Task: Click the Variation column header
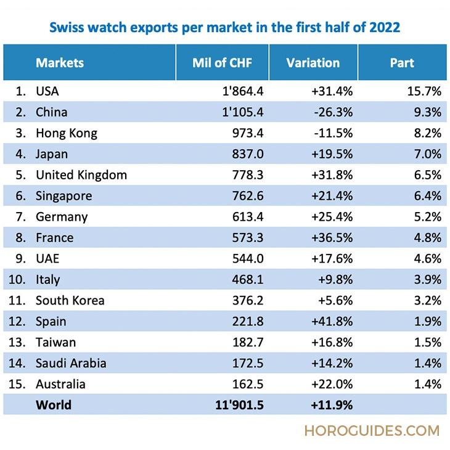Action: tap(313, 63)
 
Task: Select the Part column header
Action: tap(402, 63)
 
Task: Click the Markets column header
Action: tap(60, 63)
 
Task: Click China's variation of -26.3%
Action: tap(333, 112)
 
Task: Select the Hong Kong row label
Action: tap(67, 133)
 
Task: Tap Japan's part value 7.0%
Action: tap(428, 154)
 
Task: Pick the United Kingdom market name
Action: tap(81, 175)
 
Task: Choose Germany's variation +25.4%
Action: tap(332, 217)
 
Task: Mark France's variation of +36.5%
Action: tap(332, 238)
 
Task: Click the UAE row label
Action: tap(48, 259)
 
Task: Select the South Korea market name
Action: tap(70, 301)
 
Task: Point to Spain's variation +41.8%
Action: tap(332, 322)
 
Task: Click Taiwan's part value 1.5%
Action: tap(428, 343)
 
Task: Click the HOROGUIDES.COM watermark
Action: tap(372, 430)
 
